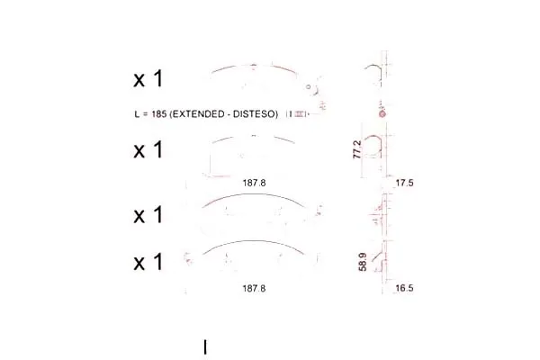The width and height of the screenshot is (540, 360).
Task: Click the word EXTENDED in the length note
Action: point(197,114)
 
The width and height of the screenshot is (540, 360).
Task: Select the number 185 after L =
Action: point(158,114)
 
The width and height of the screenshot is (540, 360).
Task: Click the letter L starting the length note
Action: point(137,114)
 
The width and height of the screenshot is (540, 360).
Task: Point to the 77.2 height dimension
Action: point(357,149)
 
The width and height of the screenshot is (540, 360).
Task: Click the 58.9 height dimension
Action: point(363,262)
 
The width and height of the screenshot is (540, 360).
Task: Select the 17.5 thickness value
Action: point(404,183)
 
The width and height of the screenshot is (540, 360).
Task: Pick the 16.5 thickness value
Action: point(404,288)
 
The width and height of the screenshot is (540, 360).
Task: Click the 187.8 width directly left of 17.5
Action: point(254,183)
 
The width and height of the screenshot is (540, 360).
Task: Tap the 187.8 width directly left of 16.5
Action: point(254,288)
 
